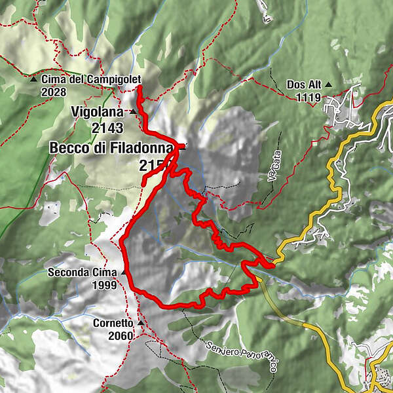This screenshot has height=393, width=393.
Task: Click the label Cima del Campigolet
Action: (x=90, y=79)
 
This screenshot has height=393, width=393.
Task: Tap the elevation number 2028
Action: (x=52, y=92)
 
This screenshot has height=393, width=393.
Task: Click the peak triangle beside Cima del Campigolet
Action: (x=34, y=79)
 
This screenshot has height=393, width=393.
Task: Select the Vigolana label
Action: (x=99, y=112)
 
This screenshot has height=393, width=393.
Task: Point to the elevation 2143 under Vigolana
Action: (x=109, y=127)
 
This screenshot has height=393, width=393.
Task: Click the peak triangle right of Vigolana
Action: (x=133, y=112)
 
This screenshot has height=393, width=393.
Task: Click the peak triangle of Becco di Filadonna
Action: (x=184, y=147)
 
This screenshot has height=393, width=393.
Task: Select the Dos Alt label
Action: (x=303, y=84)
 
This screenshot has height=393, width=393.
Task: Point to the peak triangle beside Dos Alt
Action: (x=327, y=84)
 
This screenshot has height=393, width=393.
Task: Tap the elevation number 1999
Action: (x=104, y=284)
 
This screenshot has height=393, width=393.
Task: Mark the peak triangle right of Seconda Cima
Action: (x=123, y=271)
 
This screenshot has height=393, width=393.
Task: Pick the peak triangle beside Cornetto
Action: (x=139, y=323)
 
